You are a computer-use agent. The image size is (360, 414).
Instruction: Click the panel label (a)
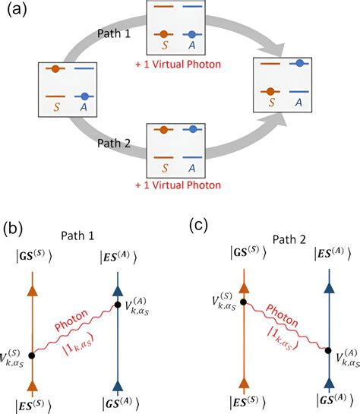click(x=16, y=13)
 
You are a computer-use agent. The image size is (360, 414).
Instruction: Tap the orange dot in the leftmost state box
click(x=55, y=70)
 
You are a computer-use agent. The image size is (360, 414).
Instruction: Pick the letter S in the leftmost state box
click(x=55, y=107)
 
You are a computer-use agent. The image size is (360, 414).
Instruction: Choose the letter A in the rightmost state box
click(x=302, y=102)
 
